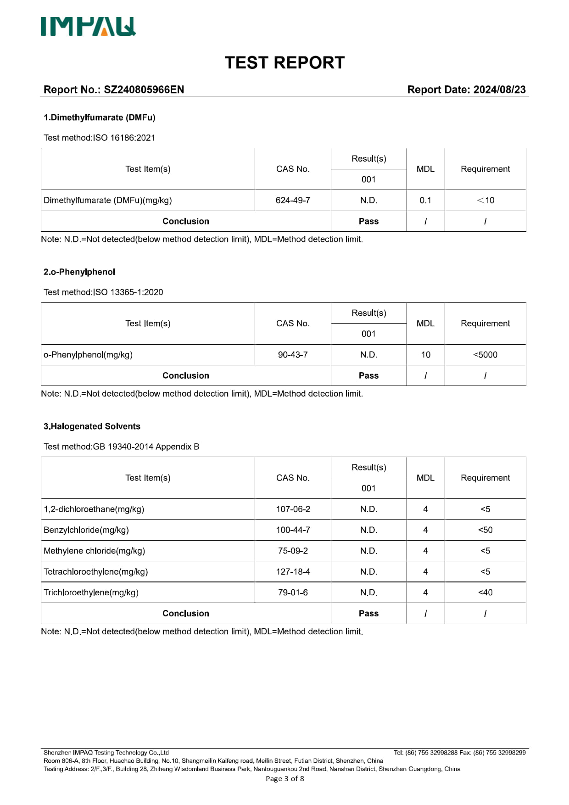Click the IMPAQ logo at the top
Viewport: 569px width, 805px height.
[x=88, y=27]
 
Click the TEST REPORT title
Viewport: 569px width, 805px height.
[x=284, y=63]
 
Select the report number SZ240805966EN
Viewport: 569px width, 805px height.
[x=144, y=89]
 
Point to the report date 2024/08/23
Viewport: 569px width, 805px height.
[x=499, y=89]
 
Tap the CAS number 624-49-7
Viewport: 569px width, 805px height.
[x=293, y=201]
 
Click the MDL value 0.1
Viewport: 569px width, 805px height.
[x=425, y=201]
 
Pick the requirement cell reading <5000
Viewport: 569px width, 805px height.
[x=485, y=355]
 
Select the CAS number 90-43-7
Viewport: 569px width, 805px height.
[x=293, y=355]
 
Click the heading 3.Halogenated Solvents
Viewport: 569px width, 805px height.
[x=92, y=426]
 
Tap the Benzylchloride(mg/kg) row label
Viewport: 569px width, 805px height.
[x=86, y=530]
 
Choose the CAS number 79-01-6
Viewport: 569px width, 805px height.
[x=293, y=593]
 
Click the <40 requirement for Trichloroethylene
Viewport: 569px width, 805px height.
[x=485, y=593]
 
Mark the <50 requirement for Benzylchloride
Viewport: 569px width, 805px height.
[x=485, y=530]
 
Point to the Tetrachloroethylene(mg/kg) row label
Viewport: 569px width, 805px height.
[x=95, y=572]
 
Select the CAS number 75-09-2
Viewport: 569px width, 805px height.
[x=293, y=551]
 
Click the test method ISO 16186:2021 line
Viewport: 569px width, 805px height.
[x=100, y=138]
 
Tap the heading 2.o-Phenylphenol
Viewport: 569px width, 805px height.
[x=79, y=272]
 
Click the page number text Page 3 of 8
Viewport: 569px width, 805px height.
[x=284, y=779]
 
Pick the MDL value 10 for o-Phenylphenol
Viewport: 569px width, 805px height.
[x=425, y=355]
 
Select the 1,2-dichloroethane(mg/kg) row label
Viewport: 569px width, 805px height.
[x=94, y=509]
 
